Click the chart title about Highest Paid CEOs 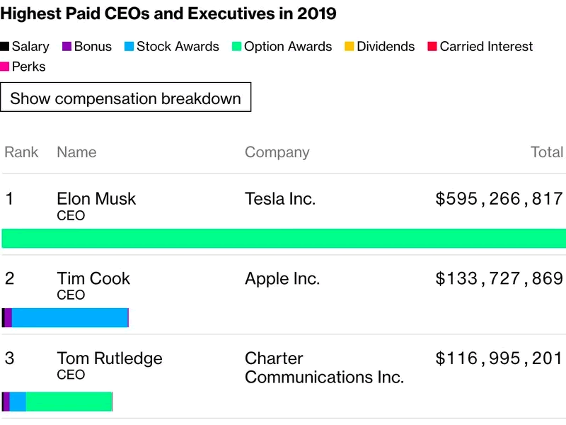click(x=168, y=13)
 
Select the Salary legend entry click(x=25, y=47)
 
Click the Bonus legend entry click(x=87, y=47)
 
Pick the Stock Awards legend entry click(x=171, y=47)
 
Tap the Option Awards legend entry click(x=282, y=47)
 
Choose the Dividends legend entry click(x=379, y=47)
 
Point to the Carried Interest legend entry click(x=480, y=47)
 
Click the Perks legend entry click(x=23, y=67)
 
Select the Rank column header click(x=21, y=152)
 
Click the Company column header click(x=277, y=152)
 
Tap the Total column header click(x=547, y=152)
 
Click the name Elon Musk click(x=96, y=199)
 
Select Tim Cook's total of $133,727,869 click(x=499, y=278)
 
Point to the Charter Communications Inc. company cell click(x=324, y=368)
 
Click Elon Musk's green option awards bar click(x=283, y=238)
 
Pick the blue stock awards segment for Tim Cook click(x=69, y=318)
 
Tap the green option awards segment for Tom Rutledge click(x=69, y=402)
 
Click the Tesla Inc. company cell click(x=280, y=199)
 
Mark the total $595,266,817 click(x=499, y=199)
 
